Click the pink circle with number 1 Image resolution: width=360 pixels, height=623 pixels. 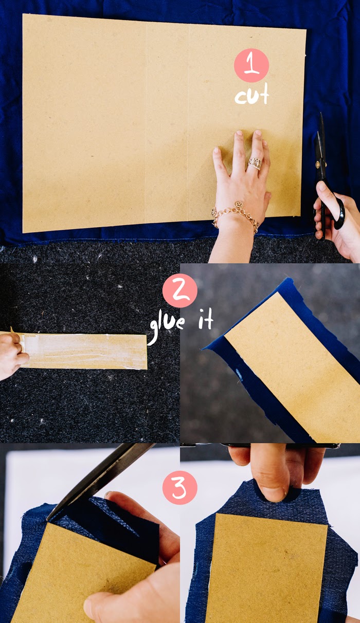click(251, 65)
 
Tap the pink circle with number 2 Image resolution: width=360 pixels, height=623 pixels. click(179, 290)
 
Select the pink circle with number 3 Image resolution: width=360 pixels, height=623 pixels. click(179, 487)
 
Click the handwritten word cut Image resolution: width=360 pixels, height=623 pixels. click(252, 94)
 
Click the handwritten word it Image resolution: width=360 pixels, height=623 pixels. click(206, 319)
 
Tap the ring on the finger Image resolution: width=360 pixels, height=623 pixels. click(255, 163)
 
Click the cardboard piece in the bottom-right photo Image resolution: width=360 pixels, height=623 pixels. click(266, 567)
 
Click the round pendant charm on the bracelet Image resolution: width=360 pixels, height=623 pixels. click(238, 205)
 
